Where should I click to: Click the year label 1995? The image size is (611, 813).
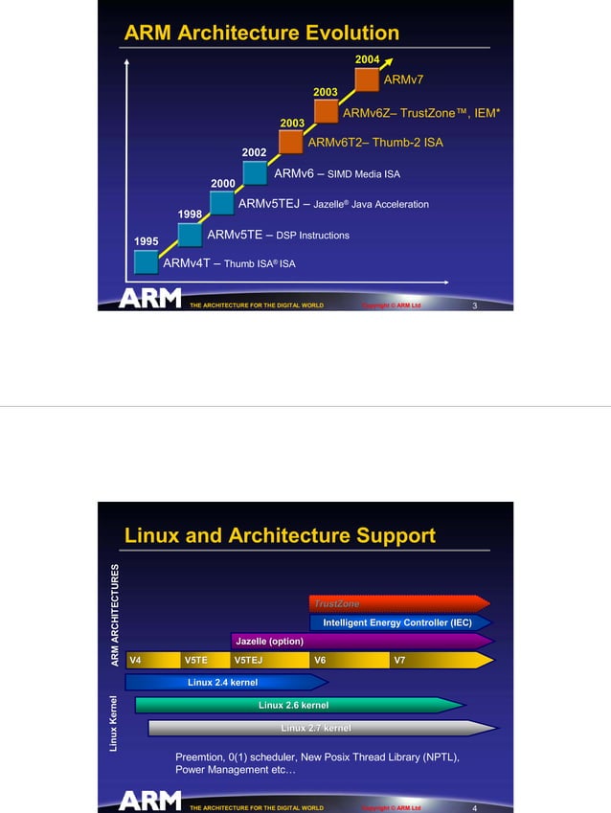click(x=147, y=242)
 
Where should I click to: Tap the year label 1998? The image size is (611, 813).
click(x=191, y=213)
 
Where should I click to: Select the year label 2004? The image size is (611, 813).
click(x=367, y=60)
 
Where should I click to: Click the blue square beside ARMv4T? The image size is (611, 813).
click(x=147, y=262)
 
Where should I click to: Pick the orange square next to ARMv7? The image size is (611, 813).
click(x=367, y=79)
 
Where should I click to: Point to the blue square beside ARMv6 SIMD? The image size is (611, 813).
click(x=255, y=172)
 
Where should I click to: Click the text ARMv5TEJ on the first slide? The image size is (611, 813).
click(x=269, y=204)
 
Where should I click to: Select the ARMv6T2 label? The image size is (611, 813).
click(x=340, y=143)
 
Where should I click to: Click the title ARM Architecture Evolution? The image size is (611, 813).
click(x=261, y=34)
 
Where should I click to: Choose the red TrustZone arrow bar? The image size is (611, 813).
click(x=397, y=603)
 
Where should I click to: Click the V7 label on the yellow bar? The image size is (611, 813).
click(x=398, y=660)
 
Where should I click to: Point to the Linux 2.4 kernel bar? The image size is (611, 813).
click(x=225, y=682)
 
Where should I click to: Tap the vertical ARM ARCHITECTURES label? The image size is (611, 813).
click(x=115, y=615)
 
